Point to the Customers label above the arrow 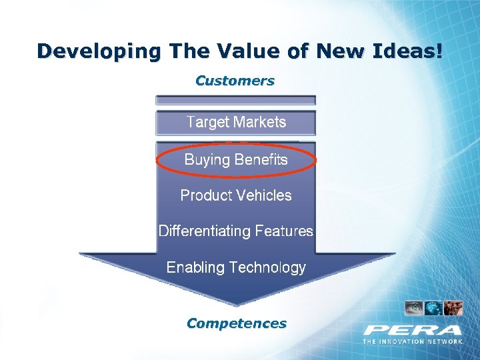click(x=235, y=81)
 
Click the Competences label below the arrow click(x=237, y=323)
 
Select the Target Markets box click(x=236, y=123)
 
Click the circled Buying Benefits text click(x=236, y=160)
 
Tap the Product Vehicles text click(x=236, y=195)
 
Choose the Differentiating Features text click(x=235, y=231)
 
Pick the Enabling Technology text click(x=236, y=267)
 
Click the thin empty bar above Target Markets click(x=235, y=100)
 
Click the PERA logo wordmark click(x=413, y=330)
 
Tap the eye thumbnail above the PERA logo click(x=414, y=308)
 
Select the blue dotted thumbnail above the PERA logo click(x=433, y=308)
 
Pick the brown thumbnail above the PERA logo click(x=453, y=308)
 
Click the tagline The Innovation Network click(x=413, y=341)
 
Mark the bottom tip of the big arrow click(x=236, y=305)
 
